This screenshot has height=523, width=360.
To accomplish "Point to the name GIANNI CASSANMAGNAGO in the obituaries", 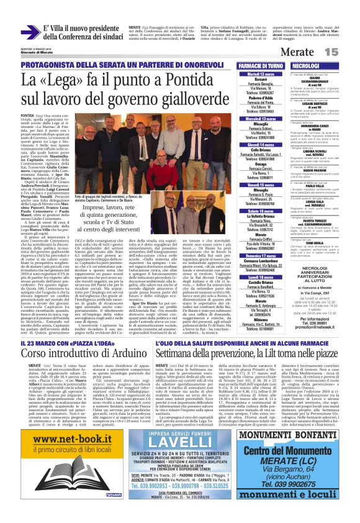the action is pyautogui.click(x=320, y=82).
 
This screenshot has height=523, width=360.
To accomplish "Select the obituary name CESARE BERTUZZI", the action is pyautogui.click(x=320, y=104).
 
